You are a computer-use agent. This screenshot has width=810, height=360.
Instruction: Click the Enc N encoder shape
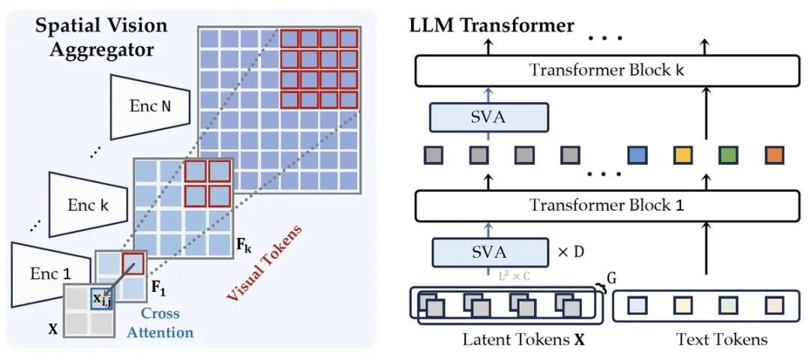tap(150, 106)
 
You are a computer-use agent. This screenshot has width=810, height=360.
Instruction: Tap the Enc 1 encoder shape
tap(42, 273)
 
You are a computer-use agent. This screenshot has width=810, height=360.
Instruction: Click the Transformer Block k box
tap(607, 70)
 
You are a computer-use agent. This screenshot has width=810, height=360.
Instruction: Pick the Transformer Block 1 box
tap(607, 204)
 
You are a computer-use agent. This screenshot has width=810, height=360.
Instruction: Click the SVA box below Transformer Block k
tap(488, 118)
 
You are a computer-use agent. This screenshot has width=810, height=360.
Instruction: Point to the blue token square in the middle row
tap(637, 155)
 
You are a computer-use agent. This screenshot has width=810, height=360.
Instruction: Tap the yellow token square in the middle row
tap(682, 155)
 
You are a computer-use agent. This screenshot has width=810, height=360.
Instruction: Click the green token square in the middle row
tap(727, 155)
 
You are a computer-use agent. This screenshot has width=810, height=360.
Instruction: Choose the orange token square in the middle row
tap(774, 155)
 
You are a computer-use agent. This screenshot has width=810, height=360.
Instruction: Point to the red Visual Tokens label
tap(263, 264)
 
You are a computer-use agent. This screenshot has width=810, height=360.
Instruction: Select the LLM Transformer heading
tap(491, 25)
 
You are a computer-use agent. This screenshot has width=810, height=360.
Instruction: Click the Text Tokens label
tap(721, 340)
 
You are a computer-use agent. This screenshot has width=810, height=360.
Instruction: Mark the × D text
tap(571, 252)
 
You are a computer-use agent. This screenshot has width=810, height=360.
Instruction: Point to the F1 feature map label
tap(157, 286)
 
